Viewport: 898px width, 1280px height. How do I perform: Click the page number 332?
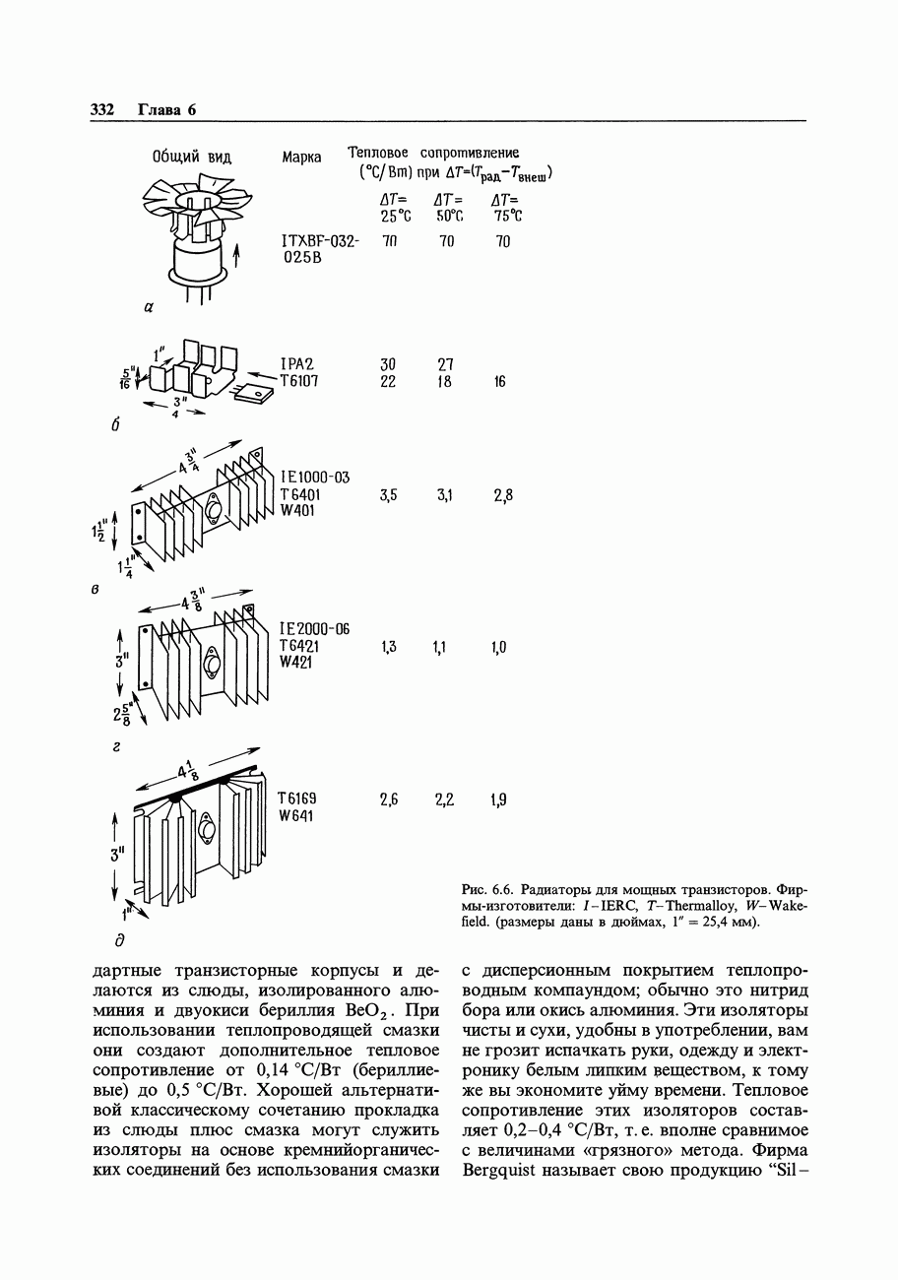[x=102, y=109]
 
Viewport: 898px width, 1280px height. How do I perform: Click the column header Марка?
[x=301, y=158]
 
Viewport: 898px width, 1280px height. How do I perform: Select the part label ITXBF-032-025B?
[x=320, y=249]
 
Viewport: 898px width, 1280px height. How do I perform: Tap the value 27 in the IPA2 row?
[x=445, y=364]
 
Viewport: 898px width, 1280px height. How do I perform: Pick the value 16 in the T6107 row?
[x=500, y=381]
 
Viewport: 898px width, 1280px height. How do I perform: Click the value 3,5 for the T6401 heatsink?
[x=388, y=495]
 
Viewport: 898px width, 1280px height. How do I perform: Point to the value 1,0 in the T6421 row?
[x=498, y=647]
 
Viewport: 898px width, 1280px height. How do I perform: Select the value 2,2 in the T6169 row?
[x=444, y=800]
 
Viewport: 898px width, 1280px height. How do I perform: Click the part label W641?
[x=296, y=816]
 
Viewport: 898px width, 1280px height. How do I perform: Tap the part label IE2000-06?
[x=314, y=629]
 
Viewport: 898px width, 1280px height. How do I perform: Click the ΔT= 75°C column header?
[x=506, y=208]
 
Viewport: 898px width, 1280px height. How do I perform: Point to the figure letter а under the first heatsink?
[x=150, y=308]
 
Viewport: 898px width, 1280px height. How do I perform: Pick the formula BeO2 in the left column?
[x=366, y=1010]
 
